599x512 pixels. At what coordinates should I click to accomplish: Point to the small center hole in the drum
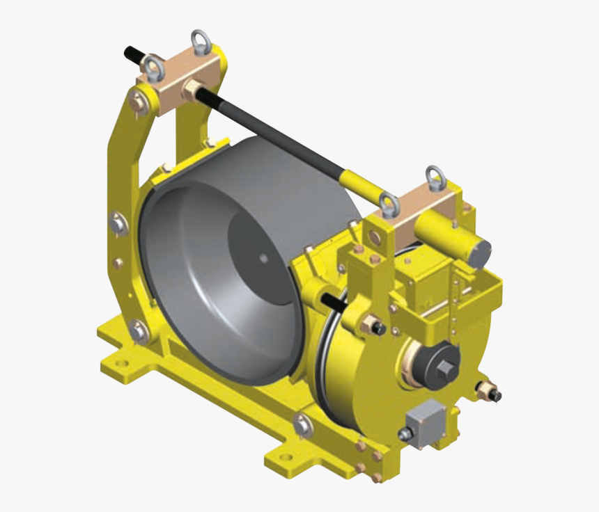(x=263, y=259)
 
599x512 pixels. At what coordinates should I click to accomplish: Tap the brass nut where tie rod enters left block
(x=189, y=90)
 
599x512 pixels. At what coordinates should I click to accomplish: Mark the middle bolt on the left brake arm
(x=118, y=224)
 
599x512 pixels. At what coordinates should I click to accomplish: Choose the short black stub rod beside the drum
(x=334, y=301)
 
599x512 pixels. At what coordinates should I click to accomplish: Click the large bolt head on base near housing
(x=303, y=424)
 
